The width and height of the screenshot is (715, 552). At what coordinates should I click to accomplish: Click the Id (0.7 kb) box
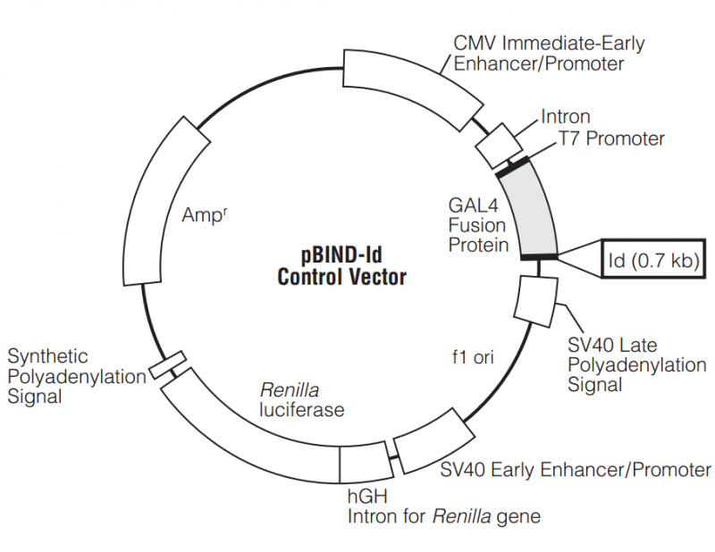point(655,260)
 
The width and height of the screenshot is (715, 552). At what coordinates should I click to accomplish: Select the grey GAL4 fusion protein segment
point(528,209)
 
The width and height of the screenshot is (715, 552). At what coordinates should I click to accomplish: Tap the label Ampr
point(204,214)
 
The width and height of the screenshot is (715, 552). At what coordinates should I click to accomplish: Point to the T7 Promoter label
point(611,138)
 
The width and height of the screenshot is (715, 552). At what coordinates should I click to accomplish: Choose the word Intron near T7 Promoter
point(565,117)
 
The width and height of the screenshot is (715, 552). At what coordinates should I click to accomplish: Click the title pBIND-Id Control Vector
point(341,265)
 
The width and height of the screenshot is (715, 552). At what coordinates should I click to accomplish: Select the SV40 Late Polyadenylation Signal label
point(636,364)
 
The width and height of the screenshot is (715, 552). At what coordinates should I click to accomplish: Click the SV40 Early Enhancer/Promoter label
point(576,470)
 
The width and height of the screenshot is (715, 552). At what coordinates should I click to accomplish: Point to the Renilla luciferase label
point(301,399)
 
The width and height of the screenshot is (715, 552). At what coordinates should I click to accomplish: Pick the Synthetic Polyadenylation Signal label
point(76,375)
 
